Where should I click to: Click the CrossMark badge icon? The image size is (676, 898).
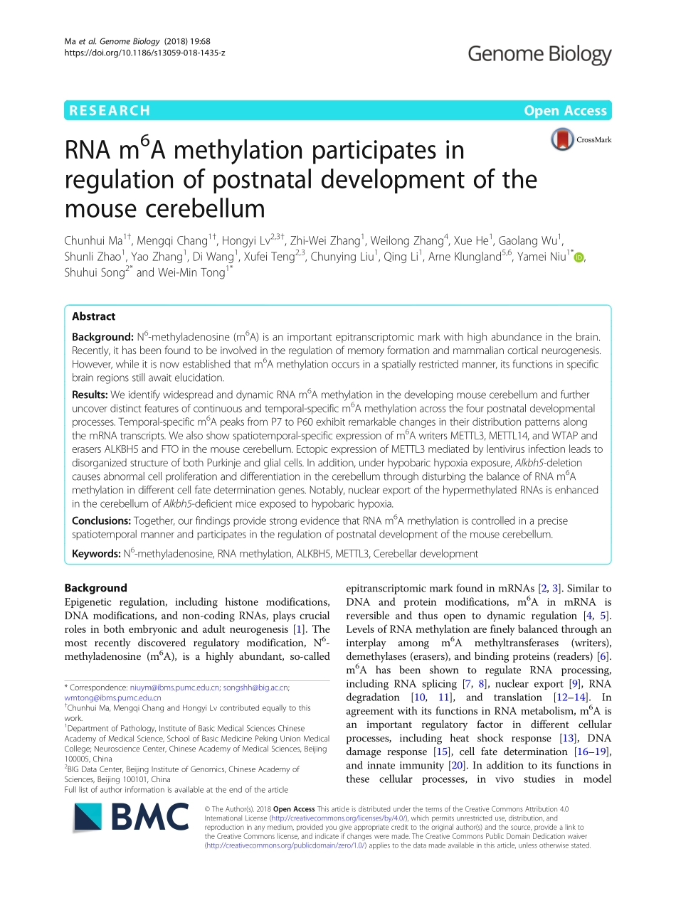(x=580, y=139)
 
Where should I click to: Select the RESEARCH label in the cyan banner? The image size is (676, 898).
(x=108, y=110)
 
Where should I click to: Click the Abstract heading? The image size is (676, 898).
(x=93, y=316)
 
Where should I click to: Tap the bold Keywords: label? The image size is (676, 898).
(x=96, y=553)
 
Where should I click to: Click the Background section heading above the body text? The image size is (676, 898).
(x=95, y=588)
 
